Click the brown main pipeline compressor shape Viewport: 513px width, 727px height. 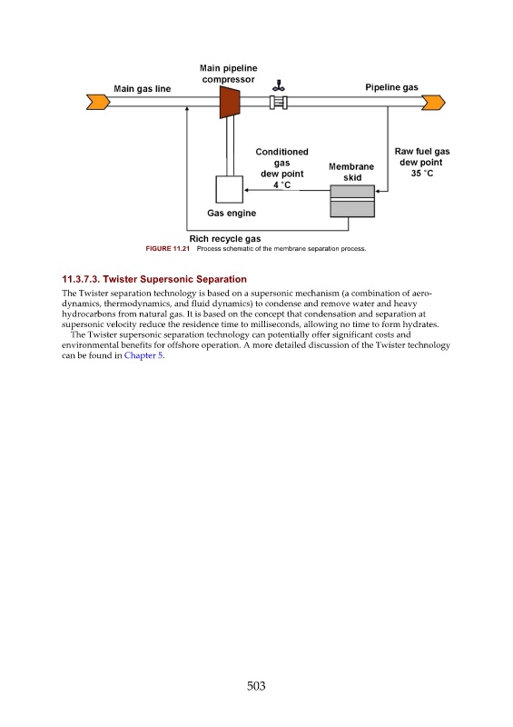[230, 102]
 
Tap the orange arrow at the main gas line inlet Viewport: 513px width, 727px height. [98, 102]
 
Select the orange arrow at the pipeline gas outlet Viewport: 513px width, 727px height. [433, 102]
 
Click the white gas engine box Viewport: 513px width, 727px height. [230, 189]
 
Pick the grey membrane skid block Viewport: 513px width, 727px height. [352, 201]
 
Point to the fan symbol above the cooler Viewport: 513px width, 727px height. [279, 85]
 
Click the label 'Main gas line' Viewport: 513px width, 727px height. [143, 88]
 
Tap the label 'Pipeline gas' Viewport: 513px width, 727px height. [391, 87]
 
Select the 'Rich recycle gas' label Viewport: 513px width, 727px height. [225, 239]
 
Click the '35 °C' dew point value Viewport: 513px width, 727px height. [422, 173]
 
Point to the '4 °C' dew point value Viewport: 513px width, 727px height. [281, 184]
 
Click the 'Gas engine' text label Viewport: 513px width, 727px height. [232, 213]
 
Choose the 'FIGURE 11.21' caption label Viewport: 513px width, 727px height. [168, 248]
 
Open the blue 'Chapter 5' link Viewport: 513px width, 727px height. [143, 355]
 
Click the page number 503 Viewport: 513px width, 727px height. [256, 686]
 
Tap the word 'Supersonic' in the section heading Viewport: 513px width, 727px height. [169, 279]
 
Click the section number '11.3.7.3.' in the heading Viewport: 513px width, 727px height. [81, 279]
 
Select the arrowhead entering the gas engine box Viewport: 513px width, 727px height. [247, 190]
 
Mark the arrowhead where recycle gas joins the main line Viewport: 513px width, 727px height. [187, 109]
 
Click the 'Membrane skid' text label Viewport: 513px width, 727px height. [351, 172]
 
